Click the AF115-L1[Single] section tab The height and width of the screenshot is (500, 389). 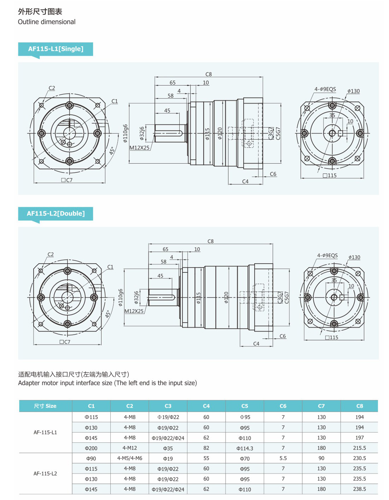(x=56, y=49)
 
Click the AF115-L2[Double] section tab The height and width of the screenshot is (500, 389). (x=56, y=213)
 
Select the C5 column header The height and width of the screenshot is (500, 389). (x=245, y=406)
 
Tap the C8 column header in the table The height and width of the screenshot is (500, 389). (x=360, y=406)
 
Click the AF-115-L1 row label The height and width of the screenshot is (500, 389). (x=45, y=432)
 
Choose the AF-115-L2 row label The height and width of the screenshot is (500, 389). (x=45, y=473)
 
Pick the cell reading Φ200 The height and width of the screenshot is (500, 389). (x=91, y=448)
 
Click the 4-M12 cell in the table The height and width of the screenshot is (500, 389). (x=130, y=448)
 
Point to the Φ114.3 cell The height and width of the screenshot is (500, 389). (x=245, y=448)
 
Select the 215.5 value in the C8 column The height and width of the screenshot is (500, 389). (x=360, y=448)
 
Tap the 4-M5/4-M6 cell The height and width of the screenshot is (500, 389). (x=130, y=458)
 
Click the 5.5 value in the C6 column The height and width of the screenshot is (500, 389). (x=283, y=458)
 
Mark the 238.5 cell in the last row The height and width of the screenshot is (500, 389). (x=360, y=489)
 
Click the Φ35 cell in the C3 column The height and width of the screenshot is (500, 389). (x=168, y=448)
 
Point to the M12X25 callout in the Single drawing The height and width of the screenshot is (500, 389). (x=139, y=148)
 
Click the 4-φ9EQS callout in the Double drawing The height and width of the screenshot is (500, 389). (x=327, y=255)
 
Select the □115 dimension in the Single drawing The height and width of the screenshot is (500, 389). (x=330, y=175)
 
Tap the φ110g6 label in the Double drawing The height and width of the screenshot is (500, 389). (x=121, y=298)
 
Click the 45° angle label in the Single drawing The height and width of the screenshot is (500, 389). (x=112, y=151)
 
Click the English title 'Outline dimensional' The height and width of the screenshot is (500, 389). (x=47, y=22)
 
